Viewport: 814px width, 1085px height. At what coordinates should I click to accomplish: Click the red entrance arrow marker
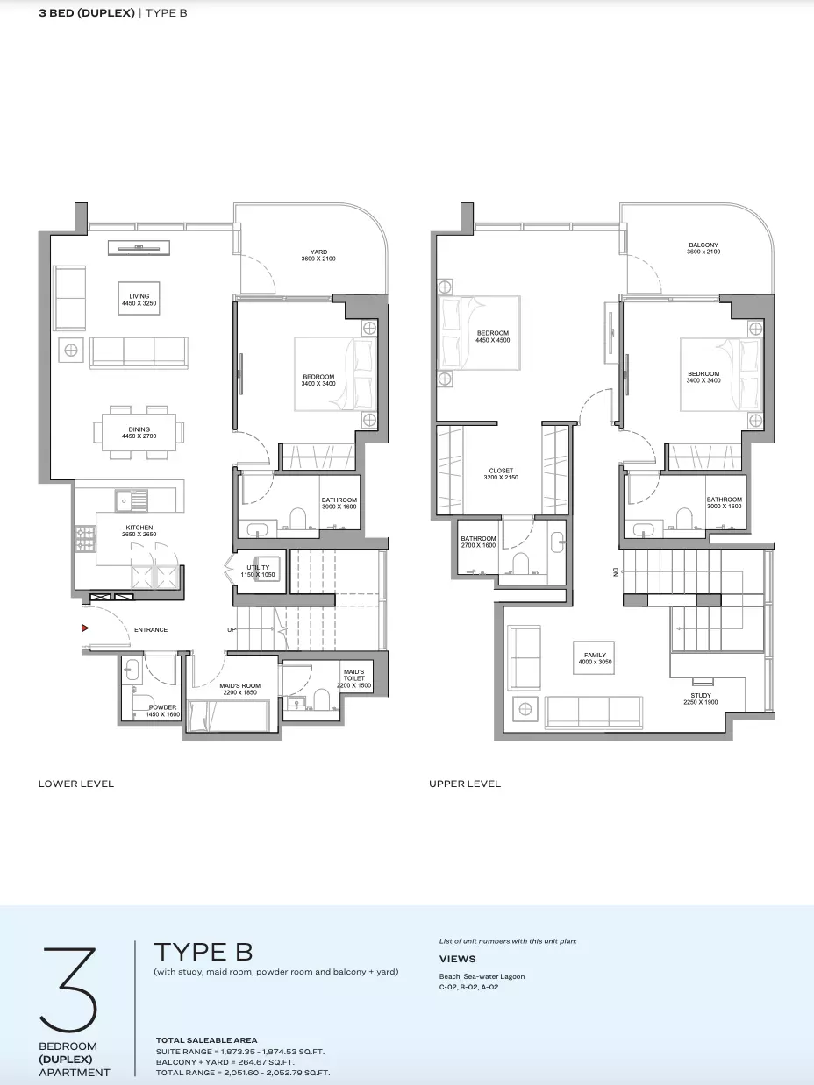(84, 628)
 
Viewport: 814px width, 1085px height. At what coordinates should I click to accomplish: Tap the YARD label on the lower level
(318, 252)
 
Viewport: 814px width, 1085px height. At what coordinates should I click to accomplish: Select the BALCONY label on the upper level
(703, 245)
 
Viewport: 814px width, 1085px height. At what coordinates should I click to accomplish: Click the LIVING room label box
(139, 299)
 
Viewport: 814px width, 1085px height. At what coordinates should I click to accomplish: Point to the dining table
(139, 433)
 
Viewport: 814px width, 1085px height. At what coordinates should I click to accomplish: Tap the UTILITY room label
(258, 567)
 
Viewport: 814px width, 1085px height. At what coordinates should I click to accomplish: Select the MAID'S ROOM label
(239, 685)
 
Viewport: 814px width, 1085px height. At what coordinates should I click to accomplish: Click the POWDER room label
(162, 707)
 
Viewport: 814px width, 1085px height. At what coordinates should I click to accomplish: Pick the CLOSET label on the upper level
(501, 471)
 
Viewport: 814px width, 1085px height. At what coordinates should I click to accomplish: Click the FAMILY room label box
(595, 658)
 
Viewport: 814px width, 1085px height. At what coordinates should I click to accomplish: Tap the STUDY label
(701, 696)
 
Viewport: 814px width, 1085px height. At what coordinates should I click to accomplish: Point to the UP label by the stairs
(232, 630)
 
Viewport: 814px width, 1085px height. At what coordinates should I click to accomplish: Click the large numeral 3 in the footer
(68, 989)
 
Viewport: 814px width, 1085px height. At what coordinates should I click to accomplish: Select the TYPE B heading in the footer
(203, 952)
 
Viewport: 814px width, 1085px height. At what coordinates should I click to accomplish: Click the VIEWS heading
(458, 959)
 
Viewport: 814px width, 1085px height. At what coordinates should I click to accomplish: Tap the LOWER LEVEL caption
(76, 784)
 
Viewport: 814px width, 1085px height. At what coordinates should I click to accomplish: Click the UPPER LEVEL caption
(465, 784)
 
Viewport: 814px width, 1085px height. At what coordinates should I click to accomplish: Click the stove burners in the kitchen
(85, 539)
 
